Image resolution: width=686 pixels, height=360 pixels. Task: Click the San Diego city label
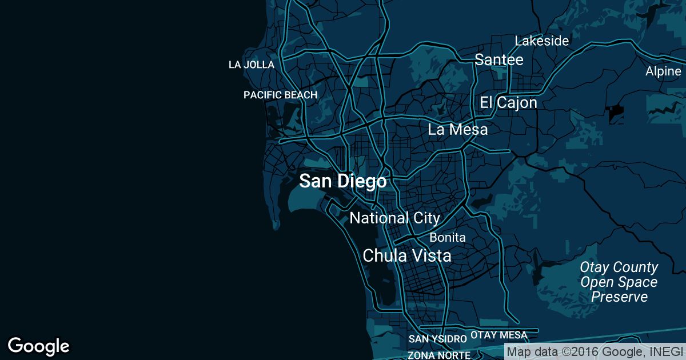[342, 182]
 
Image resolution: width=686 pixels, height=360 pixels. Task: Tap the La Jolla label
[252, 65]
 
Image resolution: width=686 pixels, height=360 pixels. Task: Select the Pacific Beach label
[280, 95]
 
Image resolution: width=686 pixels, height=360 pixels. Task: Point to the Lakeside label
[541, 41]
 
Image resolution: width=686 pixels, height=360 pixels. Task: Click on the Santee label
[499, 60]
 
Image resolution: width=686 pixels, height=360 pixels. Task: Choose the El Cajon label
[508, 103]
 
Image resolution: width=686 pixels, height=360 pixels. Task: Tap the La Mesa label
[458, 130]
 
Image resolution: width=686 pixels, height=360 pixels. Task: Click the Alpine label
[663, 71]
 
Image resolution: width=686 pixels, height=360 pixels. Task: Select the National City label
[394, 218]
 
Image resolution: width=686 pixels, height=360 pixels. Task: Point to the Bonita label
[448, 237]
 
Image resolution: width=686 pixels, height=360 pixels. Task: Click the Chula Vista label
[407, 255]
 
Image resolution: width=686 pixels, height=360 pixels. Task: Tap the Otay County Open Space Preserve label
[619, 282]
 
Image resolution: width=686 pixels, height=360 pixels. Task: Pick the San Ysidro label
[438, 339]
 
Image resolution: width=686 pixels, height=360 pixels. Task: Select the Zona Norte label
[439, 355]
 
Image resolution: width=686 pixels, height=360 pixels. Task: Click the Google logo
[39, 346]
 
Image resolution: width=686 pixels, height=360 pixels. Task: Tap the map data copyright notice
[595, 352]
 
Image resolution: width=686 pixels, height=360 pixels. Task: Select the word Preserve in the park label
[619, 297]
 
